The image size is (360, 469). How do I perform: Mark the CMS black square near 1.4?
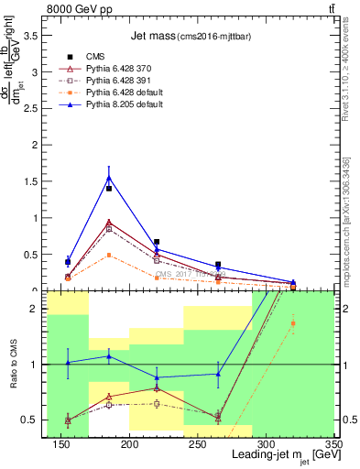(x=109, y=189)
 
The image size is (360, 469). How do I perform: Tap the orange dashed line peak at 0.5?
(x=109, y=255)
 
